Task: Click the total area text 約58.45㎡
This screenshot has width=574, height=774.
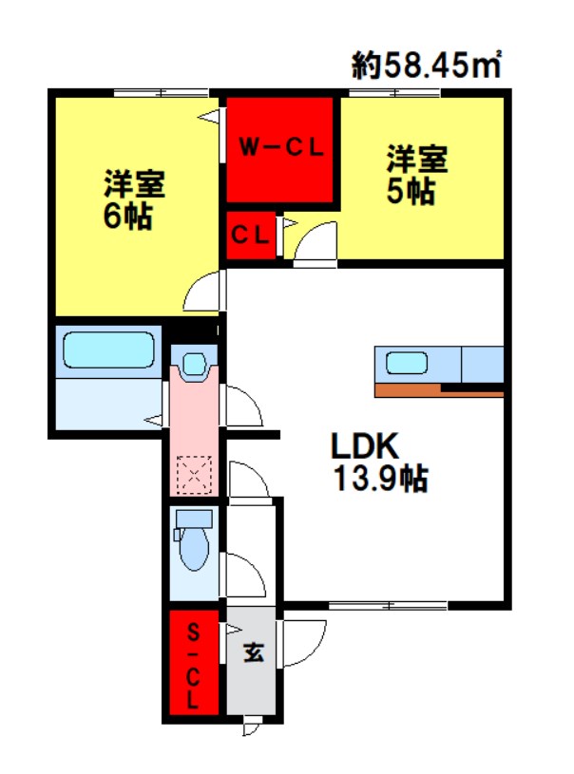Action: [427, 65]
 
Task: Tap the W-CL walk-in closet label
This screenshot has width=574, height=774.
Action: [281, 147]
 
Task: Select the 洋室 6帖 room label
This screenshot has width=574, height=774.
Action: [133, 199]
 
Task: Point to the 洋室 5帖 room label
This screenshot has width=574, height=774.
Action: [416, 174]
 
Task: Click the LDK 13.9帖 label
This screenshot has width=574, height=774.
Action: [380, 462]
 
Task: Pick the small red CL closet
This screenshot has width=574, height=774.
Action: [251, 236]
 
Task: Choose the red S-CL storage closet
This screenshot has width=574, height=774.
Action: [194, 662]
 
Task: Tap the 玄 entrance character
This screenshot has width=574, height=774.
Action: [254, 653]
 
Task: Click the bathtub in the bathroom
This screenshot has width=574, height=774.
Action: [108, 350]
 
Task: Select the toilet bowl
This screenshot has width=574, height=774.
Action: [194, 549]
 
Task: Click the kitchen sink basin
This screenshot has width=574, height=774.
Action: [406, 364]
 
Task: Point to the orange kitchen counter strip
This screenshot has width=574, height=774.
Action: [439, 390]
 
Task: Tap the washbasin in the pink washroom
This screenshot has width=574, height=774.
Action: [194, 366]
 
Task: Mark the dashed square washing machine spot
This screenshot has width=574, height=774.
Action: [194, 474]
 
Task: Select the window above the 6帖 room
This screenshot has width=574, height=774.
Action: [161, 93]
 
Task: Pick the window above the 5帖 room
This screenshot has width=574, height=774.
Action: [394, 93]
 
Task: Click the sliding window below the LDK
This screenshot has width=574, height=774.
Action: [389, 605]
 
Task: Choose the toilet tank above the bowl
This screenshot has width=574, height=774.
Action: [194, 519]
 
